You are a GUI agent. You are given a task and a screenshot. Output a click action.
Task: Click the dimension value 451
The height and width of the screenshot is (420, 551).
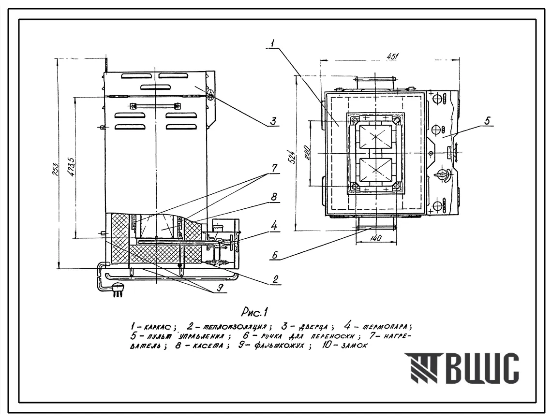point(392,57)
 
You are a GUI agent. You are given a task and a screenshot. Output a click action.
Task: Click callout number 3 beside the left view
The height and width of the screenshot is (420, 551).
point(273,122)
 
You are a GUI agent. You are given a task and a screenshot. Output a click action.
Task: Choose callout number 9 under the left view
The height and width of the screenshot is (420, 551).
point(220,289)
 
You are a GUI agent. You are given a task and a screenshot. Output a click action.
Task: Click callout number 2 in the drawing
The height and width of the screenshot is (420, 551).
point(275,279)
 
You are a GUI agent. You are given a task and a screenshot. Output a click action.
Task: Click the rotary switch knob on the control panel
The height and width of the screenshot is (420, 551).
point(441,175)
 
